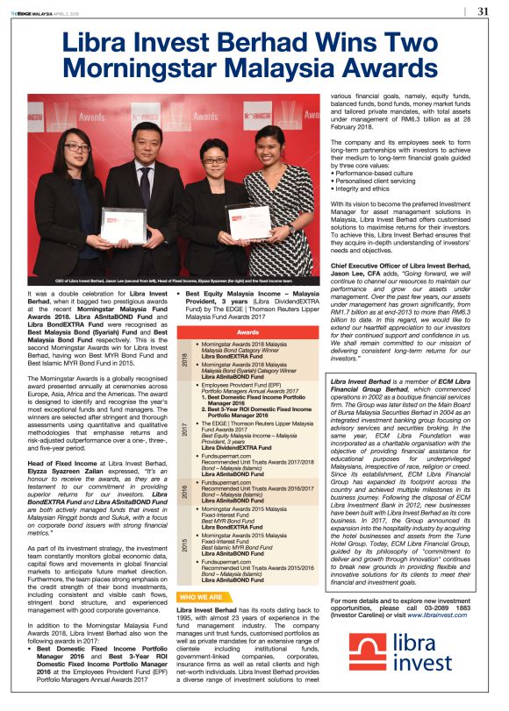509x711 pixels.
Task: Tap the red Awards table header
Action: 249,332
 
